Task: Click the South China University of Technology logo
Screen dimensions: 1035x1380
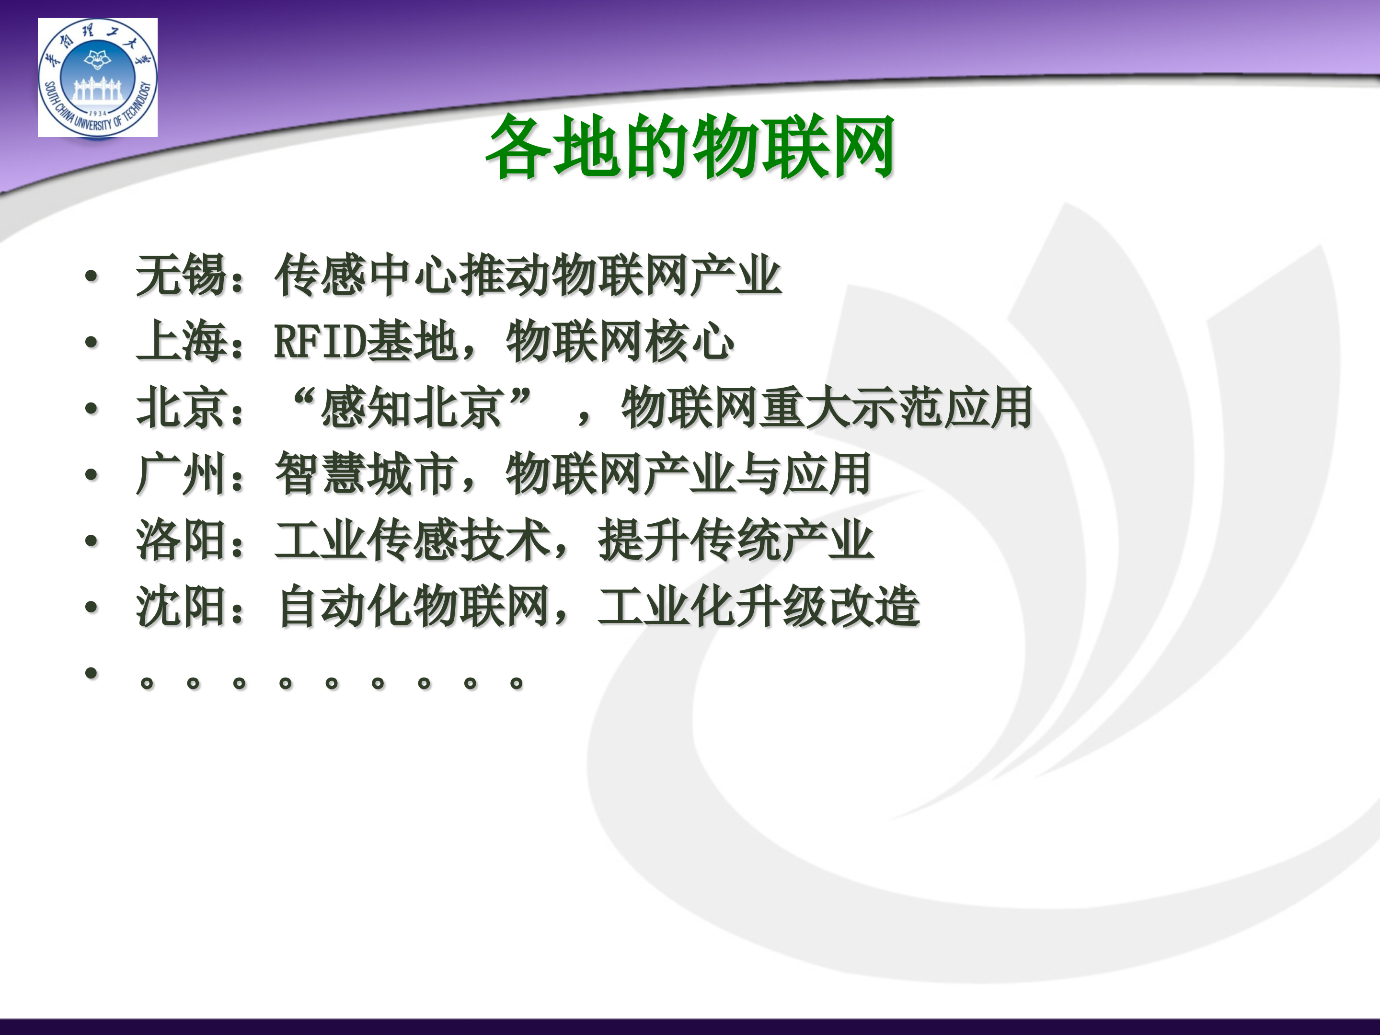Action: click(97, 77)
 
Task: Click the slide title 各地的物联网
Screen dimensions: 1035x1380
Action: click(690, 147)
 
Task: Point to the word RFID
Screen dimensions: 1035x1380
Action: click(320, 341)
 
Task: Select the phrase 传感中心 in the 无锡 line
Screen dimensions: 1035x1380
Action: click(366, 275)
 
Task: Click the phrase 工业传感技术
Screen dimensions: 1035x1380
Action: click(412, 540)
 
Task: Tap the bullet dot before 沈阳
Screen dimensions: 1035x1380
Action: click(92, 607)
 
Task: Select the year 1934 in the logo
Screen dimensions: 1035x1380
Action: click(98, 114)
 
